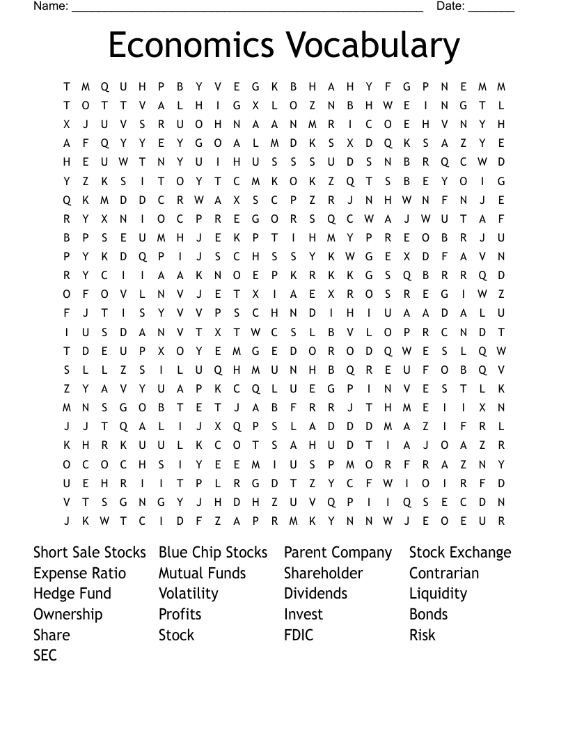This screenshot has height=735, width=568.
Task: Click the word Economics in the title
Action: click(191, 45)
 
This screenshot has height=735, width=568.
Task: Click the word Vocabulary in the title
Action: click(372, 45)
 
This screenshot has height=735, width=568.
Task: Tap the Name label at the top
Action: click(51, 6)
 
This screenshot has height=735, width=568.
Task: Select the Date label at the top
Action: click(450, 6)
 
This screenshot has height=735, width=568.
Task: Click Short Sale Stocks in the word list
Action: click(90, 553)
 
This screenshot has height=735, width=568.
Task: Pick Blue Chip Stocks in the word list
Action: click(213, 553)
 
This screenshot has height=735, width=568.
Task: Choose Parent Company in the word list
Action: click(338, 553)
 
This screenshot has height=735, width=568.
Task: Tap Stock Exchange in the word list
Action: click(460, 553)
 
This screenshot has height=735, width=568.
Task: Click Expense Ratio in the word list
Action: click(79, 574)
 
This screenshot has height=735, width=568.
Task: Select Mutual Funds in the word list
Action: click(202, 574)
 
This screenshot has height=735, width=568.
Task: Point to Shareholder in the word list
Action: click(323, 574)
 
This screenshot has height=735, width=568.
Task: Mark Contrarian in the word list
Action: click(443, 574)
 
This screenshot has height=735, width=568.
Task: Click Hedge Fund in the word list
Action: click(72, 594)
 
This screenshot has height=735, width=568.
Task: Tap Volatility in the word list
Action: click(188, 594)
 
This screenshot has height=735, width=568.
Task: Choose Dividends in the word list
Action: click(315, 594)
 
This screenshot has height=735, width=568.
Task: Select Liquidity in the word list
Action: click(438, 594)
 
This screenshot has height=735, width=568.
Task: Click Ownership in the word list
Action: click(68, 615)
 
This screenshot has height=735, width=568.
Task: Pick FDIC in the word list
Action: click(299, 635)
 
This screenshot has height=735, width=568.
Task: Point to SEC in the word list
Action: click(45, 655)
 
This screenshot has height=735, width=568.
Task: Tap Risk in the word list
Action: click(422, 635)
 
